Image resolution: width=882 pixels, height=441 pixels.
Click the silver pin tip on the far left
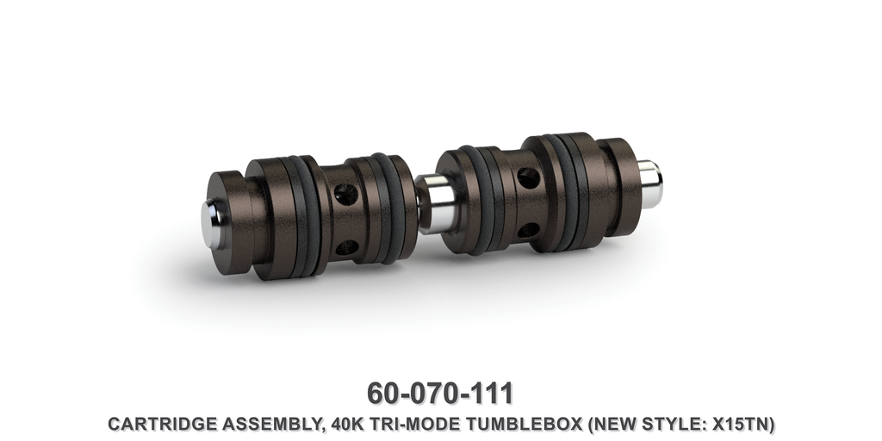pos(212,223)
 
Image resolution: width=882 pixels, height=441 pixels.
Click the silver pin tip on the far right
pos(651,185)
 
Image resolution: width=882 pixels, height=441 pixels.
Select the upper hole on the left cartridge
pos(346,195)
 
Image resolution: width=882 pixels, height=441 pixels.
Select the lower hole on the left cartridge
pos(346,247)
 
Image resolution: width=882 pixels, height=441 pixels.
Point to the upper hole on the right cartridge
pos(529,178)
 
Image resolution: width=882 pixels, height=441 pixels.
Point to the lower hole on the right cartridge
pos(529,230)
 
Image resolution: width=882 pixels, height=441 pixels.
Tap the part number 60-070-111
pos(440,392)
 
